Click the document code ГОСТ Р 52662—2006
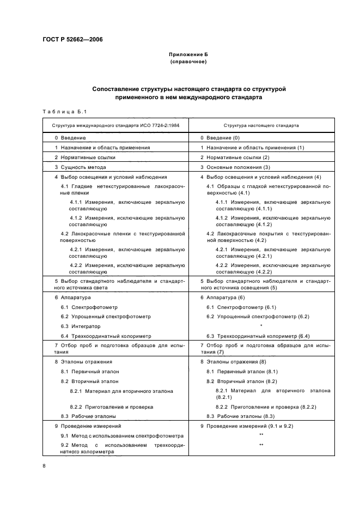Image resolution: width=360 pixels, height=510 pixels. [72, 40]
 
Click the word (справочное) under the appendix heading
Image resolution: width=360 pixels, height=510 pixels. [188, 62]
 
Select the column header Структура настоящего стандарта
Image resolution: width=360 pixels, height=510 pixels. [261, 125]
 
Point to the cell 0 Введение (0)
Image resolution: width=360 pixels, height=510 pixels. [220, 138]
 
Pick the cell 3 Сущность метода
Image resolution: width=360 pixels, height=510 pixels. [80, 167]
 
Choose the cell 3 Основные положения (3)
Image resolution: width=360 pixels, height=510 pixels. [235, 167]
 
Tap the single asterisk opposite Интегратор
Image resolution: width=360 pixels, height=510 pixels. [261, 326]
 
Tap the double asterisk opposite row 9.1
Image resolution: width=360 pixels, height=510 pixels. [261, 435]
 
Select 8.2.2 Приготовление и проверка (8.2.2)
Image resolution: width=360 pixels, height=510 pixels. [266, 407]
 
